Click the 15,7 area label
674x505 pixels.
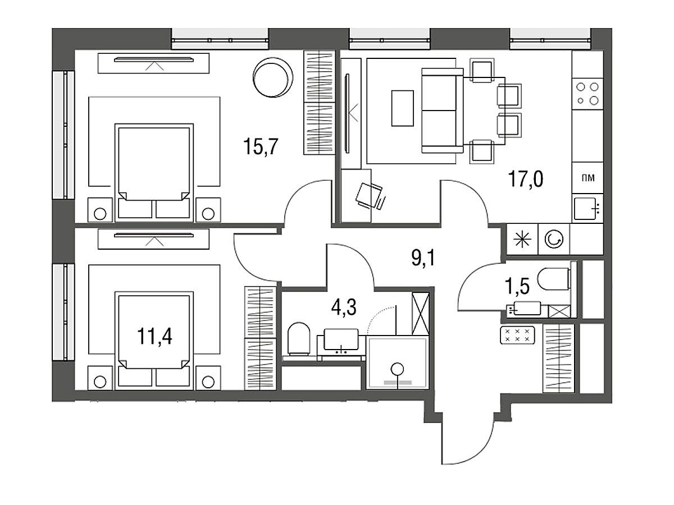261,146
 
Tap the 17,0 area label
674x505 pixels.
526,179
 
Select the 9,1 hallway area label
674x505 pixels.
423,258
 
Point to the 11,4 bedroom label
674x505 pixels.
154,336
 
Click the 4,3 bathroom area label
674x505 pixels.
344,307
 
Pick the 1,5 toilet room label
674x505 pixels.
517,287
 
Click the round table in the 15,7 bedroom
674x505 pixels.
272,77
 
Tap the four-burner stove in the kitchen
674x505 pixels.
588,94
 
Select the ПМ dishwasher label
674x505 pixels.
588,178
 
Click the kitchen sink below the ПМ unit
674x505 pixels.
586,209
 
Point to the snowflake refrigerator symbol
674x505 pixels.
522,239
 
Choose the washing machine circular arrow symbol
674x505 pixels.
554,239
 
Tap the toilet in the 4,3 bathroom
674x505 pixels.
298,339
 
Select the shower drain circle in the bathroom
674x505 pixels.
398,368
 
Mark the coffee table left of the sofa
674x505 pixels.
402,108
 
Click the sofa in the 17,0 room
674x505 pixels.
442,111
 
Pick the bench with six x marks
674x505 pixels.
518,335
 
